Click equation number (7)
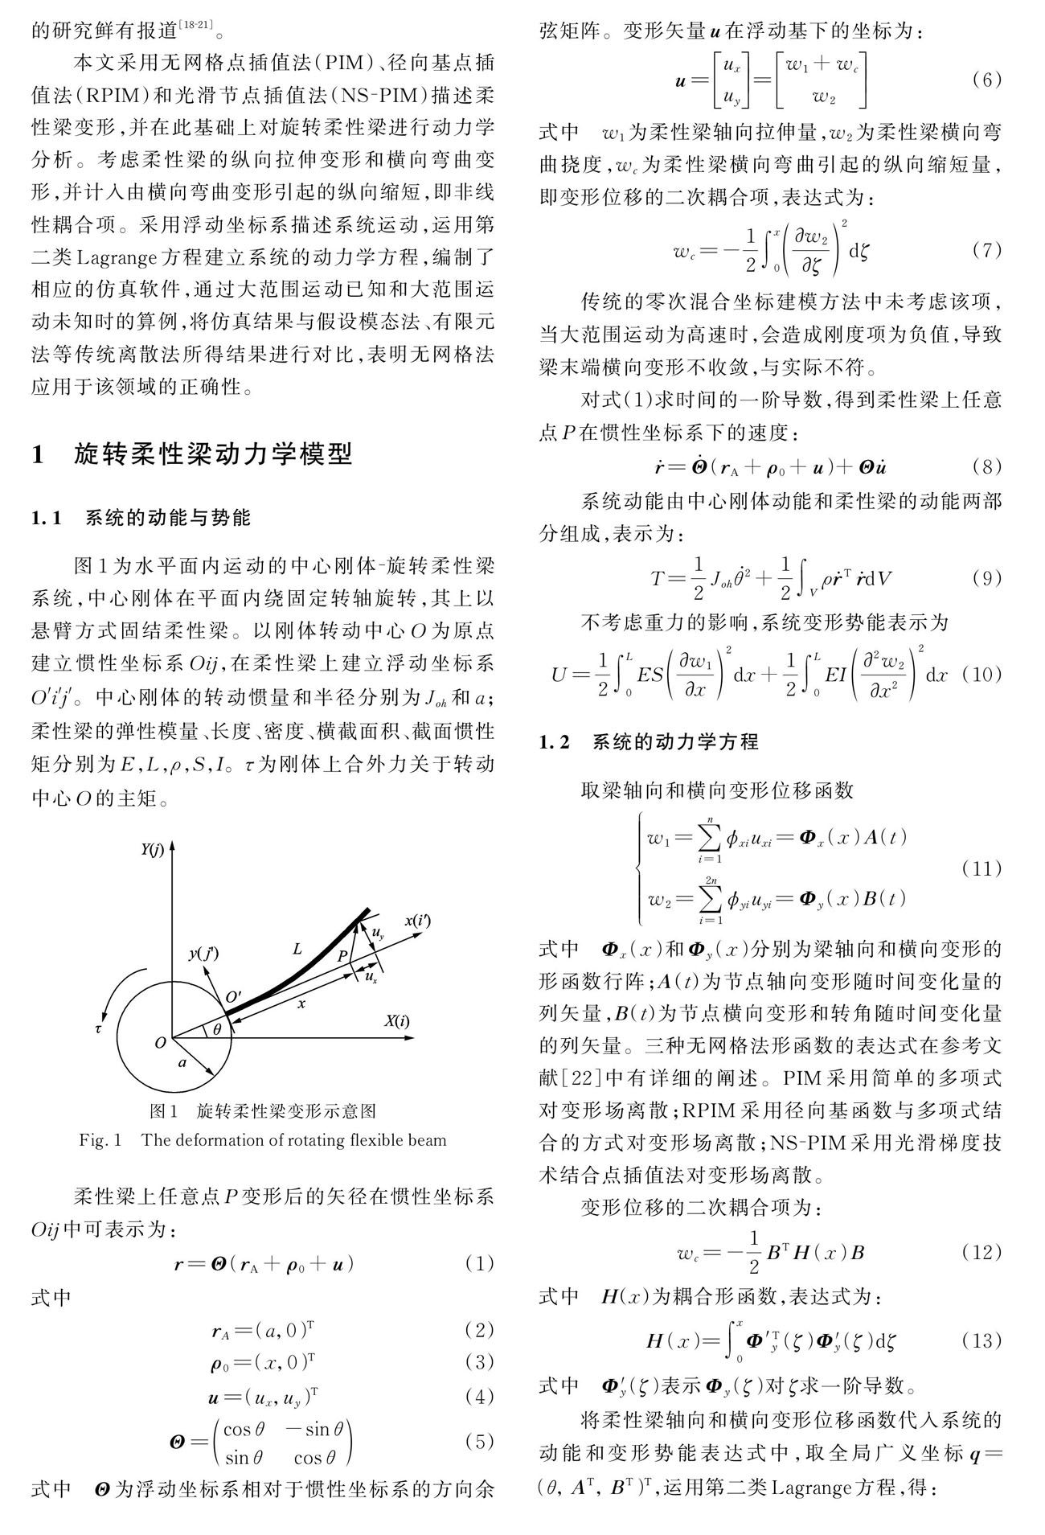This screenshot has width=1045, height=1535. (986, 250)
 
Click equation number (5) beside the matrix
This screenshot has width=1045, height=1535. (479, 1441)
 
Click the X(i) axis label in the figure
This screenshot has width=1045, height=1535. (396, 1021)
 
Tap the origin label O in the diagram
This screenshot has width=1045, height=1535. (160, 1043)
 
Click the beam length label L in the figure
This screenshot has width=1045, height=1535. (297, 950)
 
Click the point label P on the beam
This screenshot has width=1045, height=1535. (342, 957)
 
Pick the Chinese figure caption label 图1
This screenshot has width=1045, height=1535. (164, 1112)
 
